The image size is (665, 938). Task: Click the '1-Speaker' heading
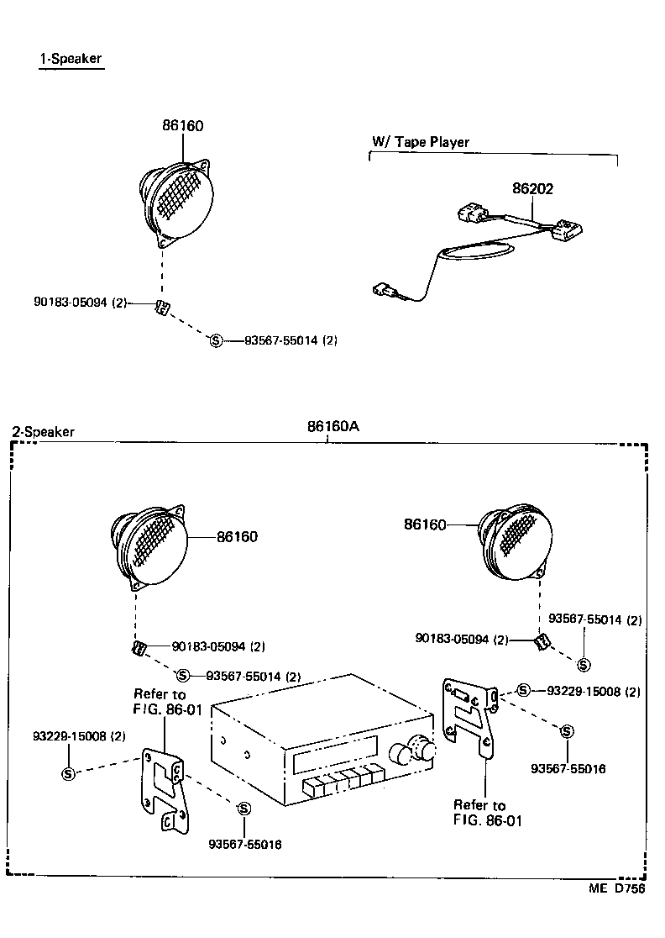click(x=71, y=60)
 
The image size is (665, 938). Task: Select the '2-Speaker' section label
click(x=43, y=432)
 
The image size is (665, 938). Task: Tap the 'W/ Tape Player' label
click(x=420, y=142)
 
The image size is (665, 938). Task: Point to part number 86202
click(x=533, y=190)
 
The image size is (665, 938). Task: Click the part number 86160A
click(x=332, y=425)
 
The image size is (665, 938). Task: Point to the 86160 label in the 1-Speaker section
click(x=183, y=126)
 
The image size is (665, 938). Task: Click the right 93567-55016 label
click(x=568, y=768)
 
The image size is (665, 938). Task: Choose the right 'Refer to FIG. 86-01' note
click(x=487, y=813)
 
